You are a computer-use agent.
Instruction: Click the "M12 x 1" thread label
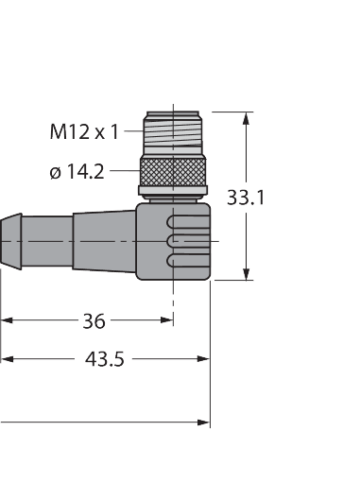tap(83, 132)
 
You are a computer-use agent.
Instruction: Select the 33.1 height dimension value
tap(249, 198)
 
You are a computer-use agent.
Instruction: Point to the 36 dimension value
tap(93, 321)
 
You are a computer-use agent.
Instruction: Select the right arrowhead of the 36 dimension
tap(167, 321)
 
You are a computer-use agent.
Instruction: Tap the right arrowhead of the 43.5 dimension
tap(203, 359)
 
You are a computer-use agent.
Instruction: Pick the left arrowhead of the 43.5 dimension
tap(7, 359)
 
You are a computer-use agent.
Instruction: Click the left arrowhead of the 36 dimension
tap(7, 321)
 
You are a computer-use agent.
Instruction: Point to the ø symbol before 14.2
tap(55, 172)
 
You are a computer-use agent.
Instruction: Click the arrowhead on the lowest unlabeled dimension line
tap(203, 422)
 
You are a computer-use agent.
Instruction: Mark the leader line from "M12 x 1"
tap(131, 132)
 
